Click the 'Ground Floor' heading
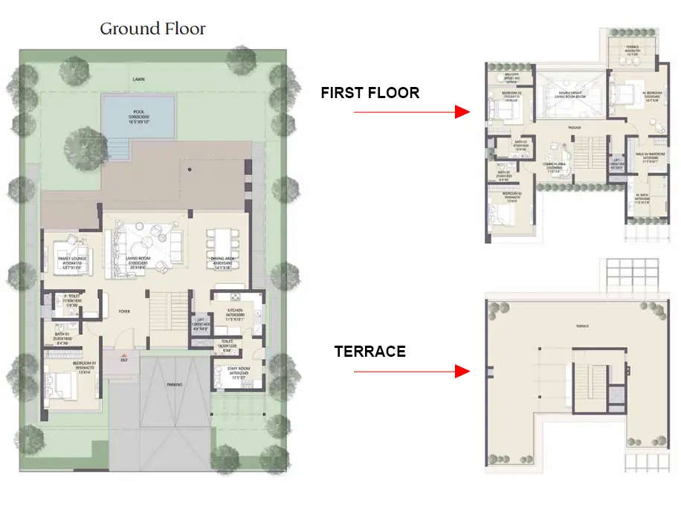click(152, 29)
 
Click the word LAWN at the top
click(138, 78)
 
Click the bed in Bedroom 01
click(62, 387)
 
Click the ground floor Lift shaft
click(199, 324)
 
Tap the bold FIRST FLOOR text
click(369, 93)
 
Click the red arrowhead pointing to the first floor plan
click(462, 112)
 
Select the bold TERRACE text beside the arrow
click(369, 352)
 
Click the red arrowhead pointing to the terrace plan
click(462, 370)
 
